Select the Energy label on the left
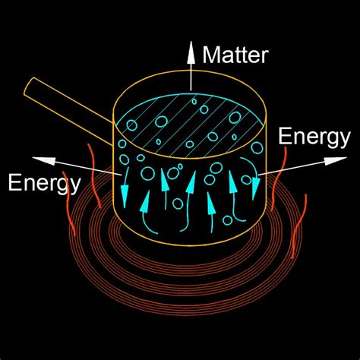click(x=43, y=182)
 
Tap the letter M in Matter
click(x=212, y=55)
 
